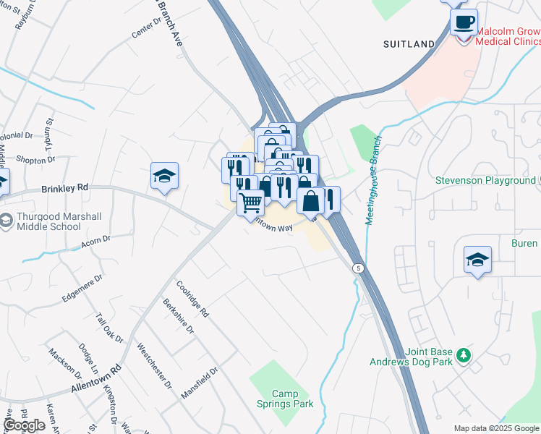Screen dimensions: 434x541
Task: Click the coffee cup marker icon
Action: click(464, 21)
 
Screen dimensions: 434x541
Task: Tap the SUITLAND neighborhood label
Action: click(409, 44)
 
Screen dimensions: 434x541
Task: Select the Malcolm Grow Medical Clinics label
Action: click(508, 36)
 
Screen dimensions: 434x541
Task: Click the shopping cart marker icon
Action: click(250, 202)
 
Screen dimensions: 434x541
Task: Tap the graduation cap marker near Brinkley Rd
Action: click(164, 176)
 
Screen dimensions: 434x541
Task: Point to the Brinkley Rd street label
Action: click(64, 187)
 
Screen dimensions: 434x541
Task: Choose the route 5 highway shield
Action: click(358, 268)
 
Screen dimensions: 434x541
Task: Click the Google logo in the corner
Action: click(24, 425)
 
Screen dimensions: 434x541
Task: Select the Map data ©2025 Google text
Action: click(496, 428)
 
